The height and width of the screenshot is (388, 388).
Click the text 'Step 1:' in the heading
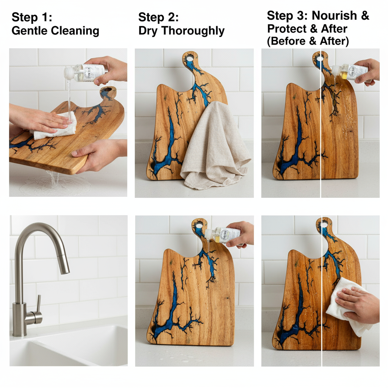[32, 17]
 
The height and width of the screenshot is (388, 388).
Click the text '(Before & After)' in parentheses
[308, 41]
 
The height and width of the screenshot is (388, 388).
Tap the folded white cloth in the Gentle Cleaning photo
[57, 127]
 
